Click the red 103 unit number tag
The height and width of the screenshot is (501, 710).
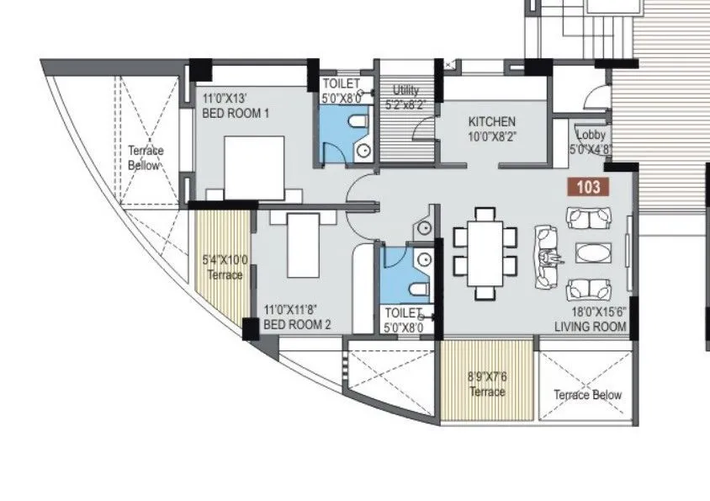pyautogui.click(x=588, y=187)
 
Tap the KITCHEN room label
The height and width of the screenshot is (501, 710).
pyautogui.click(x=492, y=121)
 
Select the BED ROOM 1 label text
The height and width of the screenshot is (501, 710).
pyautogui.click(x=236, y=114)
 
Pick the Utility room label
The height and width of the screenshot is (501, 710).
pyautogui.click(x=406, y=91)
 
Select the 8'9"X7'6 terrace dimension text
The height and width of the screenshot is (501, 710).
pyautogui.click(x=487, y=378)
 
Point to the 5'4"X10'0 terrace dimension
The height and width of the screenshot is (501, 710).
pyautogui.click(x=224, y=260)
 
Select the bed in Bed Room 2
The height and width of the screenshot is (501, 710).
pyautogui.click(x=304, y=244)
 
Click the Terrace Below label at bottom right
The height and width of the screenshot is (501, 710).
pyautogui.click(x=587, y=395)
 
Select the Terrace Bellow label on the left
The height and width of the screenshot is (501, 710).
pyautogui.click(x=146, y=158)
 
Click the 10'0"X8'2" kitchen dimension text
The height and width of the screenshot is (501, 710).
pyautogui.click(x=492, y=136)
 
